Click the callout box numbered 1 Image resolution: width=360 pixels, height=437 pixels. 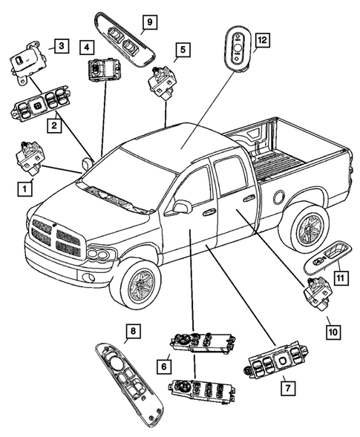click(26, 190)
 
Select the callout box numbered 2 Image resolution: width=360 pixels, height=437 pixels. click(54, 127)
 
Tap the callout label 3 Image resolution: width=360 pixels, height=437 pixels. click(62, 47)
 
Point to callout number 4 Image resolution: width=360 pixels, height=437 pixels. click(88, 47)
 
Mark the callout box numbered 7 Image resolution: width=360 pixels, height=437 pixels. click(284, 387)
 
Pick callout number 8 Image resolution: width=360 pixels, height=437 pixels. click(131, 331)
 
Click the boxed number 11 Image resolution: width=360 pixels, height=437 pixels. click(340, 277)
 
